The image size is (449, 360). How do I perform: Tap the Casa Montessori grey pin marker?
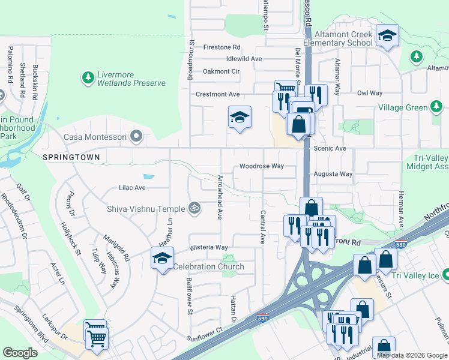point(136,137)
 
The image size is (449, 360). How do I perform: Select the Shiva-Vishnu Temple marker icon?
point(193,208)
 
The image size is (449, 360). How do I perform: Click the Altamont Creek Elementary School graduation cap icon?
point(387,35)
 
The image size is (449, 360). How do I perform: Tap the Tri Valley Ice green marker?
point(445,274)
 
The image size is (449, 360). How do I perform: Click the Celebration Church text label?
point(208,266)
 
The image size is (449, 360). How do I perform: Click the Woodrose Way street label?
point(261,166)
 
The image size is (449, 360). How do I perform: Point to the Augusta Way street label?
point(333,174)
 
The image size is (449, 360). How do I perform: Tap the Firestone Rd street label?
point(221,47)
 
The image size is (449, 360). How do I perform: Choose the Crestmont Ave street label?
point(217,94)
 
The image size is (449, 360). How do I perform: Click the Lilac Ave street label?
point(132,188)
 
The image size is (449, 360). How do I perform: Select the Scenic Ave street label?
point(330,148)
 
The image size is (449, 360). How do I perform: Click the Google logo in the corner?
point(20,353)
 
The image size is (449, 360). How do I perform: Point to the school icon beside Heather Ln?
point(162,259)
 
